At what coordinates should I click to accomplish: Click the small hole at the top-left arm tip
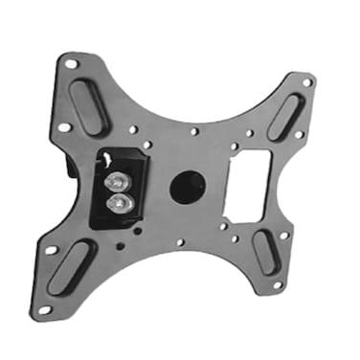click(x=71, y=64)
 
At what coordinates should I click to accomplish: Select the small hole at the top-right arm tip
click(x=306, y=82)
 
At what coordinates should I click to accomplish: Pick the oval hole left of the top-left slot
click(x=63, y=126)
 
